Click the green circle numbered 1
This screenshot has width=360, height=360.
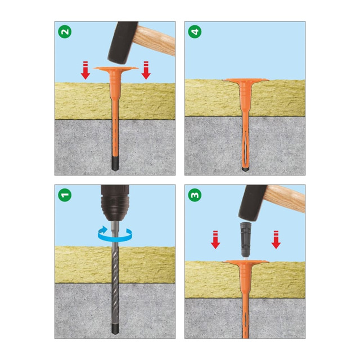65,195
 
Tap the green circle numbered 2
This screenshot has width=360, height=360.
65,31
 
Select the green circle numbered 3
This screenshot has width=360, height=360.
195,195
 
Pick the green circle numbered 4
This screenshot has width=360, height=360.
195,31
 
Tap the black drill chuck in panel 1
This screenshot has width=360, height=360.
115,202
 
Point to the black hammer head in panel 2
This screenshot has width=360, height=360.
122,43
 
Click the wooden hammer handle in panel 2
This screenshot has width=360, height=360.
154,40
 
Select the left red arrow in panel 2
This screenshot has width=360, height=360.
85,70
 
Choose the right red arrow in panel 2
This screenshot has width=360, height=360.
146,70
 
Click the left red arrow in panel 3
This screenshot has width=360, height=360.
215,240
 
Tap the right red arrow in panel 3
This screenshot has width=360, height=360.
276,240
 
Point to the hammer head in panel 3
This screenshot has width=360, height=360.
252,202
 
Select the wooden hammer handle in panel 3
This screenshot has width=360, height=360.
285,199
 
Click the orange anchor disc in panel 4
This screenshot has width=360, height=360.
246,80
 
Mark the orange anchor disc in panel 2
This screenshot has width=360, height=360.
116,68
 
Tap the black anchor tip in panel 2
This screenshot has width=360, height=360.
115,164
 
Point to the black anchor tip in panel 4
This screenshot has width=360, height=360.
245,170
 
